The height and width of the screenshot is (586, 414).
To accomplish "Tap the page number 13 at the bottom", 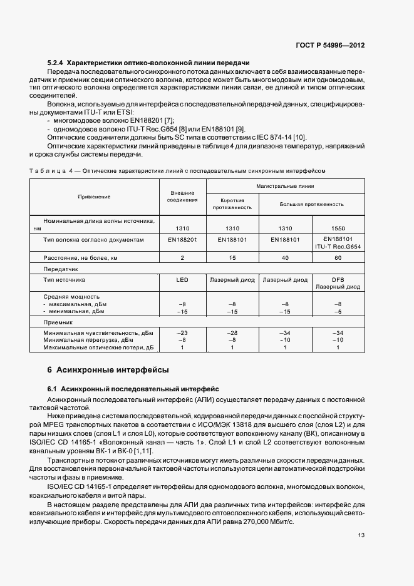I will click(361, 535).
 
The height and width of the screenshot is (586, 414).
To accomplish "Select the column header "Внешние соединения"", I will click(182, 197).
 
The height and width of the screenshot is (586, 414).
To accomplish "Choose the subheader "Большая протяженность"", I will click(311, 203).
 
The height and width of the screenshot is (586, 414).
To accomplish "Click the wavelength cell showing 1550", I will click(338, 229).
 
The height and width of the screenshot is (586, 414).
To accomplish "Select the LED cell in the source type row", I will click(182, 280).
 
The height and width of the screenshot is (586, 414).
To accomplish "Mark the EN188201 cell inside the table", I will click(182, 239).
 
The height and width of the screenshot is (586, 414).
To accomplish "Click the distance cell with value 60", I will click(338, 257).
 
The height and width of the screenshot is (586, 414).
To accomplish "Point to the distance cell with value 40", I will click(285, 257).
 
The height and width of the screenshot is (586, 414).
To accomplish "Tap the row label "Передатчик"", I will click(60, 269).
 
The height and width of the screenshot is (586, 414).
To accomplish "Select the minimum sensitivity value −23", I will click(182, 332).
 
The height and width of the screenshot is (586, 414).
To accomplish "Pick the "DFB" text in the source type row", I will click(338, 280).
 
